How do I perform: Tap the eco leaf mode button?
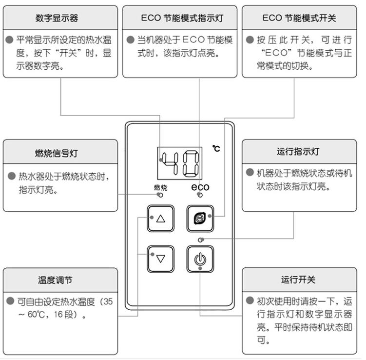(x=200, y=219)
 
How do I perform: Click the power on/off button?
(x=200, y=259)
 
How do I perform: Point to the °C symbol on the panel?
(x=216, y=148)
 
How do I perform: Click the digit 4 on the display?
(x=170, y=163)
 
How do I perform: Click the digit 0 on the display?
(x=191, y=163)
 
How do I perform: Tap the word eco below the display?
(x=200, y=187)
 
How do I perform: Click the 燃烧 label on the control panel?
(x=161, y=187)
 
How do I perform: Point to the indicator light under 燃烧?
(x=161, y=195)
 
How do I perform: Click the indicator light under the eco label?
(x=200, y=195)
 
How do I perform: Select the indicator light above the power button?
(x=200, y=240)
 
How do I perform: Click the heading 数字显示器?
(x=57, y=18)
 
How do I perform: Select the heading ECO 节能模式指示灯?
(x=182, y=18)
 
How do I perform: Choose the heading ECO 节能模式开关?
(x=299, y=18)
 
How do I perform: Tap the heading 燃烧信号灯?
(x=57, y=153)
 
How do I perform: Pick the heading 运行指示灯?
(x=298, y=152)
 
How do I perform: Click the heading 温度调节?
(x=55, y=280)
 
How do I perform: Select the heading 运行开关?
(x=298, y=280)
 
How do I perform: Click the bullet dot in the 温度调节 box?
(x=10, y=300)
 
